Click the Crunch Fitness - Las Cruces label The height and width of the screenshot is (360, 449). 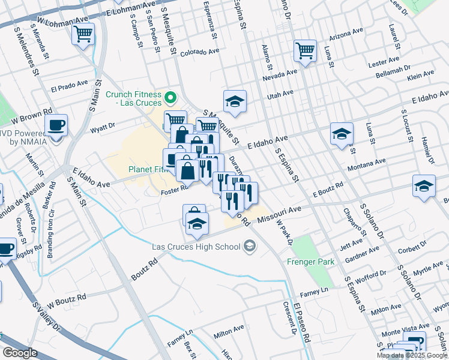click(x=133, y=99)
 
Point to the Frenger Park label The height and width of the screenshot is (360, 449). click(x=309, y=262)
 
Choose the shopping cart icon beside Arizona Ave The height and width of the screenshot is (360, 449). click(x=305, y=51)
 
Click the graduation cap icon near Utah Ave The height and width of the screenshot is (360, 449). click(x=235, y=102)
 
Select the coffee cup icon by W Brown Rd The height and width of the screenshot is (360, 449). click(x=56, y=126)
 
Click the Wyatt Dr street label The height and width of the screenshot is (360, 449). click(x=101, y=127)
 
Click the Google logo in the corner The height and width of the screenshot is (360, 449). click(x=20, y=353)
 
